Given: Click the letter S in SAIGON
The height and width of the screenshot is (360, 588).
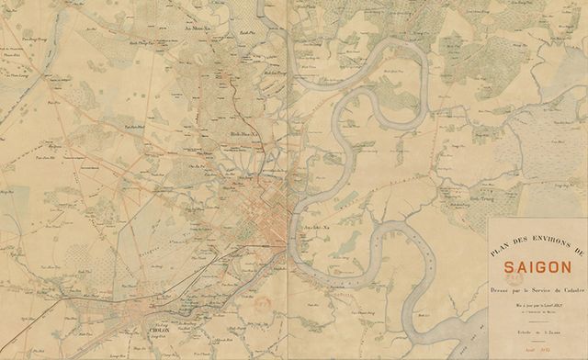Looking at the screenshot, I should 508,269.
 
